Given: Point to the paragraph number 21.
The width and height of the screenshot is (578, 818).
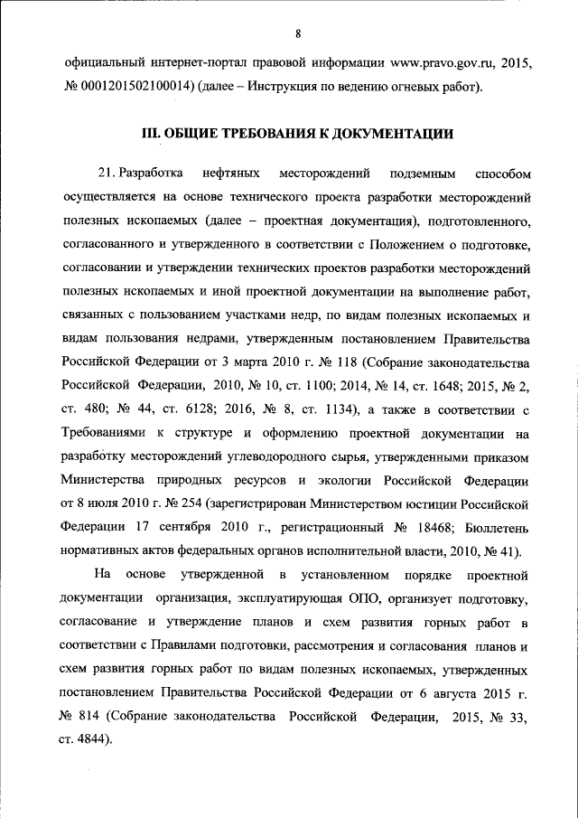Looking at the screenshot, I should (107, 172).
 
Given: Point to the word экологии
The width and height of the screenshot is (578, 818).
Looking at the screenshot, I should (342, 478).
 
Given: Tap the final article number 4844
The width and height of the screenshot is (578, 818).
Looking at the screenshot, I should (96, 739).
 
